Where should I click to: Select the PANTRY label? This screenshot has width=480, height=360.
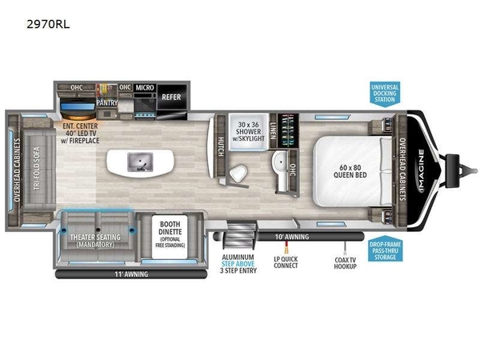pos(106,103)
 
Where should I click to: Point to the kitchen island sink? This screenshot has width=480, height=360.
pos(138,162)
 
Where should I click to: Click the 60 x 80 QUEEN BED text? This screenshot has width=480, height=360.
pos(350,170)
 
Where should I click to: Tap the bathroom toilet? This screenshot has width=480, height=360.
pos(238,174)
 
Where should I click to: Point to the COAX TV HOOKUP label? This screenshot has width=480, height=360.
pos(346,262)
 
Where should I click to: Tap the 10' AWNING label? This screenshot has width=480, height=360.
pos(291,237)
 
